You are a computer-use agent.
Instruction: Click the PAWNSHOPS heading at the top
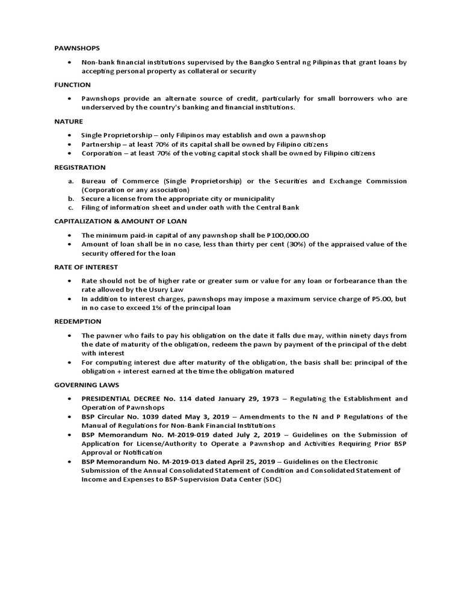tap(77, 48)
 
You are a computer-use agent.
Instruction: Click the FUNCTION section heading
tap(72, 85)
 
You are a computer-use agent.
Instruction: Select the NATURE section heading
tap(69, 122)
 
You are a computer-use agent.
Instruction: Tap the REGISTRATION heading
tap(79, 167)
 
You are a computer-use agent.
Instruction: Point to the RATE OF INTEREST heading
tap(85, 267)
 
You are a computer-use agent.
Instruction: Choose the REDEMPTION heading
tap(76, 322)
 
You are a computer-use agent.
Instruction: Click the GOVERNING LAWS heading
tap(86, 385)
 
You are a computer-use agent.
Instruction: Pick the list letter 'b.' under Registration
tap(70, 199)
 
